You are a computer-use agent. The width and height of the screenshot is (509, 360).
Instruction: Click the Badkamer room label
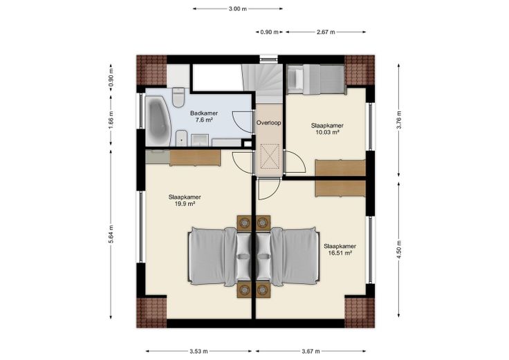coord(204,113)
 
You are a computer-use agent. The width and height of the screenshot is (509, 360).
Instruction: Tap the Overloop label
coord(268,123)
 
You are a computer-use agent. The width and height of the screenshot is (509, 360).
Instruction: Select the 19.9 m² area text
coord(185,204)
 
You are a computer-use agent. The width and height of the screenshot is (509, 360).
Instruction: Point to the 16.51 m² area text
coord(340,254)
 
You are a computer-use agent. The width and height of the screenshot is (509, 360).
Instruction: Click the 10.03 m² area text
coord(327,133)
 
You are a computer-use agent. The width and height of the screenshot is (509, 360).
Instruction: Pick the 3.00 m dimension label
coord(237,9)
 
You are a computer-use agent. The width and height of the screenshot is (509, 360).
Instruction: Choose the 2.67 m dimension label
coord(326,32)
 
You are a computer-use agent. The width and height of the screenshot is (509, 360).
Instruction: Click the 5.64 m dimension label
coord(111,234)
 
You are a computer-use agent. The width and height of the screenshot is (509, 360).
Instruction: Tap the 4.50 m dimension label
coord(399,249)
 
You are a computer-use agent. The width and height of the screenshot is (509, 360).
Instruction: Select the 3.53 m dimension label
coord(198,351)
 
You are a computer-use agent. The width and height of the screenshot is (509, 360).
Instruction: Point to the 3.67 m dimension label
coord(311,351)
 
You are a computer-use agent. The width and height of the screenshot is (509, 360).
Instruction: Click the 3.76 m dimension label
coord(399,120)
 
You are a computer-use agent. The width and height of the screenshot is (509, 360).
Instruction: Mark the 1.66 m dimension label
coord(111,120)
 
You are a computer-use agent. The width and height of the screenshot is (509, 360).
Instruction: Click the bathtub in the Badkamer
coord(158,121)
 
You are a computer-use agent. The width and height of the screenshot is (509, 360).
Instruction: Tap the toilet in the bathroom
coord(178,97)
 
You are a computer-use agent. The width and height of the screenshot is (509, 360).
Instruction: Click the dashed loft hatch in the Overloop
coord(270,156)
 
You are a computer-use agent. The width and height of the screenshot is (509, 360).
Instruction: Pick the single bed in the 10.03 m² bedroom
coord(315,79)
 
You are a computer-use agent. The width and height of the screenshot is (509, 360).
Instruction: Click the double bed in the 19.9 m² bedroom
coord(220,257)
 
